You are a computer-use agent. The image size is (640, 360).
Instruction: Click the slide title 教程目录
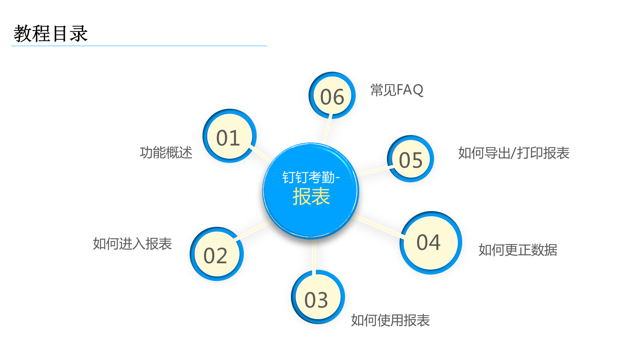[51, 33]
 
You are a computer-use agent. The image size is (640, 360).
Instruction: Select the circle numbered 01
[229, 136]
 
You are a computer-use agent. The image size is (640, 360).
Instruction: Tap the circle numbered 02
[217, 254]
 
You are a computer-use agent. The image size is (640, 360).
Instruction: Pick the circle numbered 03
[318, 297]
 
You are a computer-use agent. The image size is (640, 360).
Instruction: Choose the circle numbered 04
[431, 243]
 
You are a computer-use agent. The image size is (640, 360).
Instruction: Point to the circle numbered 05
[411, 159]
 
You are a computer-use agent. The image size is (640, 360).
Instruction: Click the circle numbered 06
[332, 95]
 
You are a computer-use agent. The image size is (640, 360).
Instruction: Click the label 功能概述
[166, 153]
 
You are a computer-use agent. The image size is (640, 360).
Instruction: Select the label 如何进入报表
[132, 244]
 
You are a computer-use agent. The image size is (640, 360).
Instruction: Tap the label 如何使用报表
[390, 320]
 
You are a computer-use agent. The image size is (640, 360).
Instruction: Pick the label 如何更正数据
[518, 250]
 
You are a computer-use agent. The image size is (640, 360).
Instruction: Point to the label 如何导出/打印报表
[514, 153]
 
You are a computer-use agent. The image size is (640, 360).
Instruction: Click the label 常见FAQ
[397, 90]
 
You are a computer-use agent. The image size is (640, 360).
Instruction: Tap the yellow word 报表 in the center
[312, 196]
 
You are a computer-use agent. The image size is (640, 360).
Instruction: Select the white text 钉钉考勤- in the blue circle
[311, 177]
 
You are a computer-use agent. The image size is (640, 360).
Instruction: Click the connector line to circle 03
[314, 256]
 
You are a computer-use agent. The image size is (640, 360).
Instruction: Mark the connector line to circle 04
[378, 227]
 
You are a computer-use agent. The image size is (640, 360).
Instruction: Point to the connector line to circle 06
[327, 129]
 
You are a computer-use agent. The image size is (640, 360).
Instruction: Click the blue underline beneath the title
[139, 46]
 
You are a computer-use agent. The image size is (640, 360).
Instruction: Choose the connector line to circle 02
[253, 230]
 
